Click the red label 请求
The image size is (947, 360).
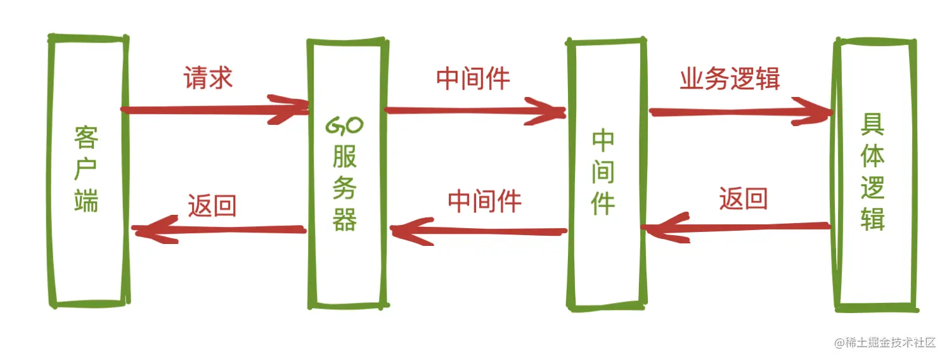point(209,78)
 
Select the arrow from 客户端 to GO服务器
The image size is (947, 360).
point(216,110)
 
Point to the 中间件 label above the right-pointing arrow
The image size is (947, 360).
point(473,78)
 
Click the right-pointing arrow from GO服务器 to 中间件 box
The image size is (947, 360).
point(475,111)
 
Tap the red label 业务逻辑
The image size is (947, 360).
point(730,79)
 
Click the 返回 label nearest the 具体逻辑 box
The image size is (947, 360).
point(743,199)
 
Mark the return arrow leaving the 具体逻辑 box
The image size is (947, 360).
point(735,227)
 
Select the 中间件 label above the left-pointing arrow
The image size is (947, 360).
point(484,202)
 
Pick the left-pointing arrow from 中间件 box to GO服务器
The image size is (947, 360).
point(479,230)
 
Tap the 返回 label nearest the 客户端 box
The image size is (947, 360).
point(212,206)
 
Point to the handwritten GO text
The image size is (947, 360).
point(344,126)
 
